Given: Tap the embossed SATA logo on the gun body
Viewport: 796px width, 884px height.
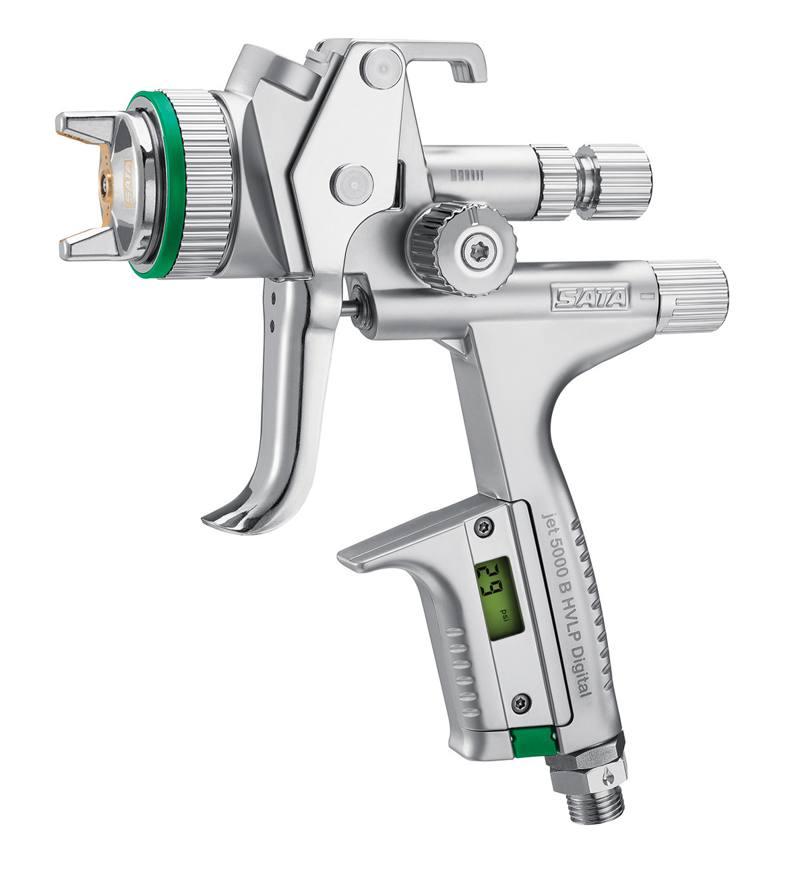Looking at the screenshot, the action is (589, 298).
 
